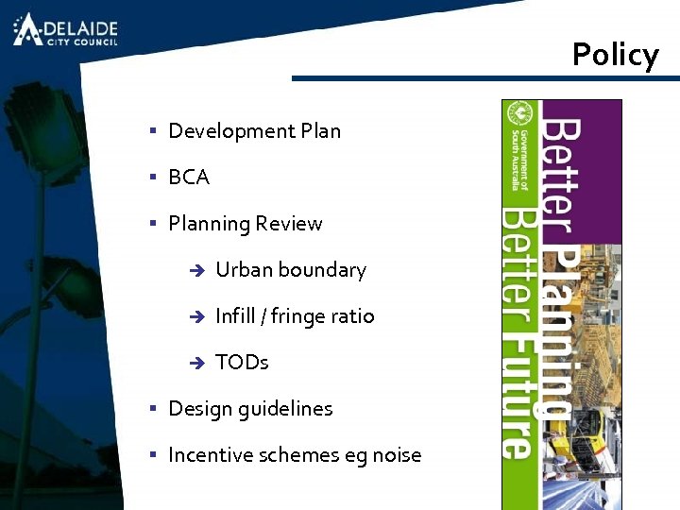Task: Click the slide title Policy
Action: point(615,55)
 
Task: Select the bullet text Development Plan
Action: point(254,131)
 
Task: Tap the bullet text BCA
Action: point(189,178)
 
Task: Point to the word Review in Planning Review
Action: point(289,224)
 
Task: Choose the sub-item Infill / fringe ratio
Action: point(295,316)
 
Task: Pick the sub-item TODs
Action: point(242,363)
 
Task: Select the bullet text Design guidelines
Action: point(250,409)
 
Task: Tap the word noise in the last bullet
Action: point(397,455)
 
